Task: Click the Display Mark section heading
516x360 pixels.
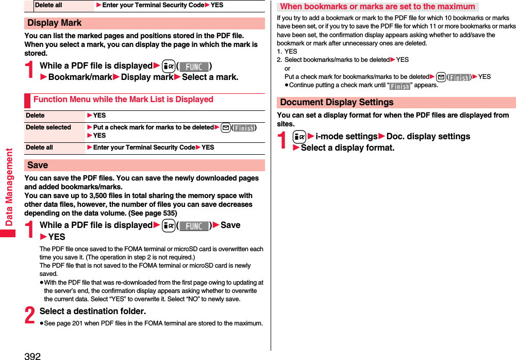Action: (55, 23)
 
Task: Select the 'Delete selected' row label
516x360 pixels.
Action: (48, 127)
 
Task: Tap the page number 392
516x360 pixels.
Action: (32, 356)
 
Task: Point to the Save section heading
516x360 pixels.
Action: (38, 166)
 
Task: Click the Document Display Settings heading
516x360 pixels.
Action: (337, 103)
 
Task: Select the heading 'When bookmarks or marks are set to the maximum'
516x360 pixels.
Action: (377, 7)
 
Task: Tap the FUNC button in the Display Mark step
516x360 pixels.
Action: (194, 67)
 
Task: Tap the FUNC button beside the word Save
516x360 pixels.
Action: (194, 226)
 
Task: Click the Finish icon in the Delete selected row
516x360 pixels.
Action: (244, 128)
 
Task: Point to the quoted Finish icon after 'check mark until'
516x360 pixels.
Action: (400, 86)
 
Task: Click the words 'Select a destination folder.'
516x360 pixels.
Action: (93, 311)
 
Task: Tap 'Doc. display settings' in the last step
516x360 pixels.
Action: (428, 136)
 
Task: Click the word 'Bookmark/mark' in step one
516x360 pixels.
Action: (80, 77)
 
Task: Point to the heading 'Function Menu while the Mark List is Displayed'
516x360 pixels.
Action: (123, 99)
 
